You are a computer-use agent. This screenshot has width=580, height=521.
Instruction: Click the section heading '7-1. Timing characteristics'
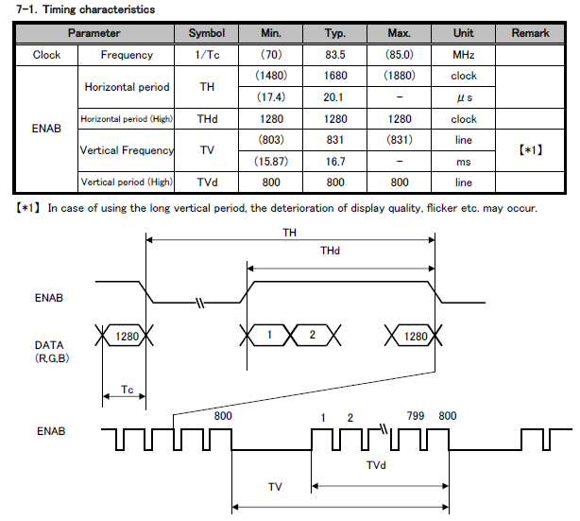coord(79,9)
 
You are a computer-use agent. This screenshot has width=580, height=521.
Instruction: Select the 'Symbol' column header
coord(206,33)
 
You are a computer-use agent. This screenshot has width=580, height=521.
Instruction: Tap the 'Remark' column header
coord(530,33)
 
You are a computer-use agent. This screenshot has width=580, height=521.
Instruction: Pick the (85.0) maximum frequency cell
coord(399,55)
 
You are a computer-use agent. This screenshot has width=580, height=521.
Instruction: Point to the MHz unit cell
coord(464,55)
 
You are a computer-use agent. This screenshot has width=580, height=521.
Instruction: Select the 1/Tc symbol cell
coord(206,55)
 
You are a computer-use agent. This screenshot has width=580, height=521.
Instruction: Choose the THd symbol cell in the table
coord(206,119)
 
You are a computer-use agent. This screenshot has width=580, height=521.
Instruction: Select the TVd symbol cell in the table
coord(206,182)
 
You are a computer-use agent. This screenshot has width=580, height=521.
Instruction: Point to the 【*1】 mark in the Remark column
coord(530,151)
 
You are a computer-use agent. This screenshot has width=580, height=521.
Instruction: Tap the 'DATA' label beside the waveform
coord(49,346)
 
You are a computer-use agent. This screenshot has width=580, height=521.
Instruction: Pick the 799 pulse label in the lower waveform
coord(415,416)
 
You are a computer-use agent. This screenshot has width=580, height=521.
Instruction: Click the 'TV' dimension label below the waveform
coord(274,486)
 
